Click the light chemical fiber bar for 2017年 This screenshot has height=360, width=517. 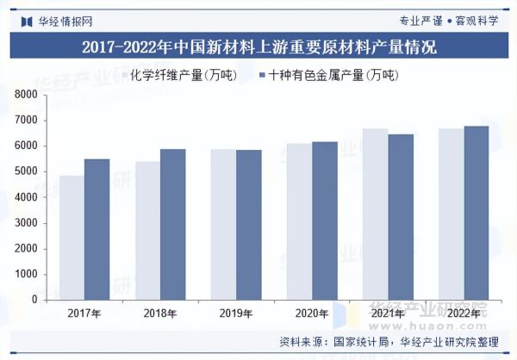point(72,238)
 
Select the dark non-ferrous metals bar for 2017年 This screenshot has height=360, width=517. point(97,229)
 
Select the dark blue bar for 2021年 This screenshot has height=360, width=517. point(401,217)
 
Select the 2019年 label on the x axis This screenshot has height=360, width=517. point(237,313)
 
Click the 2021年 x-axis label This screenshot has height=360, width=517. point(389,313)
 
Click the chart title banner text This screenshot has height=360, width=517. point(258,47)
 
